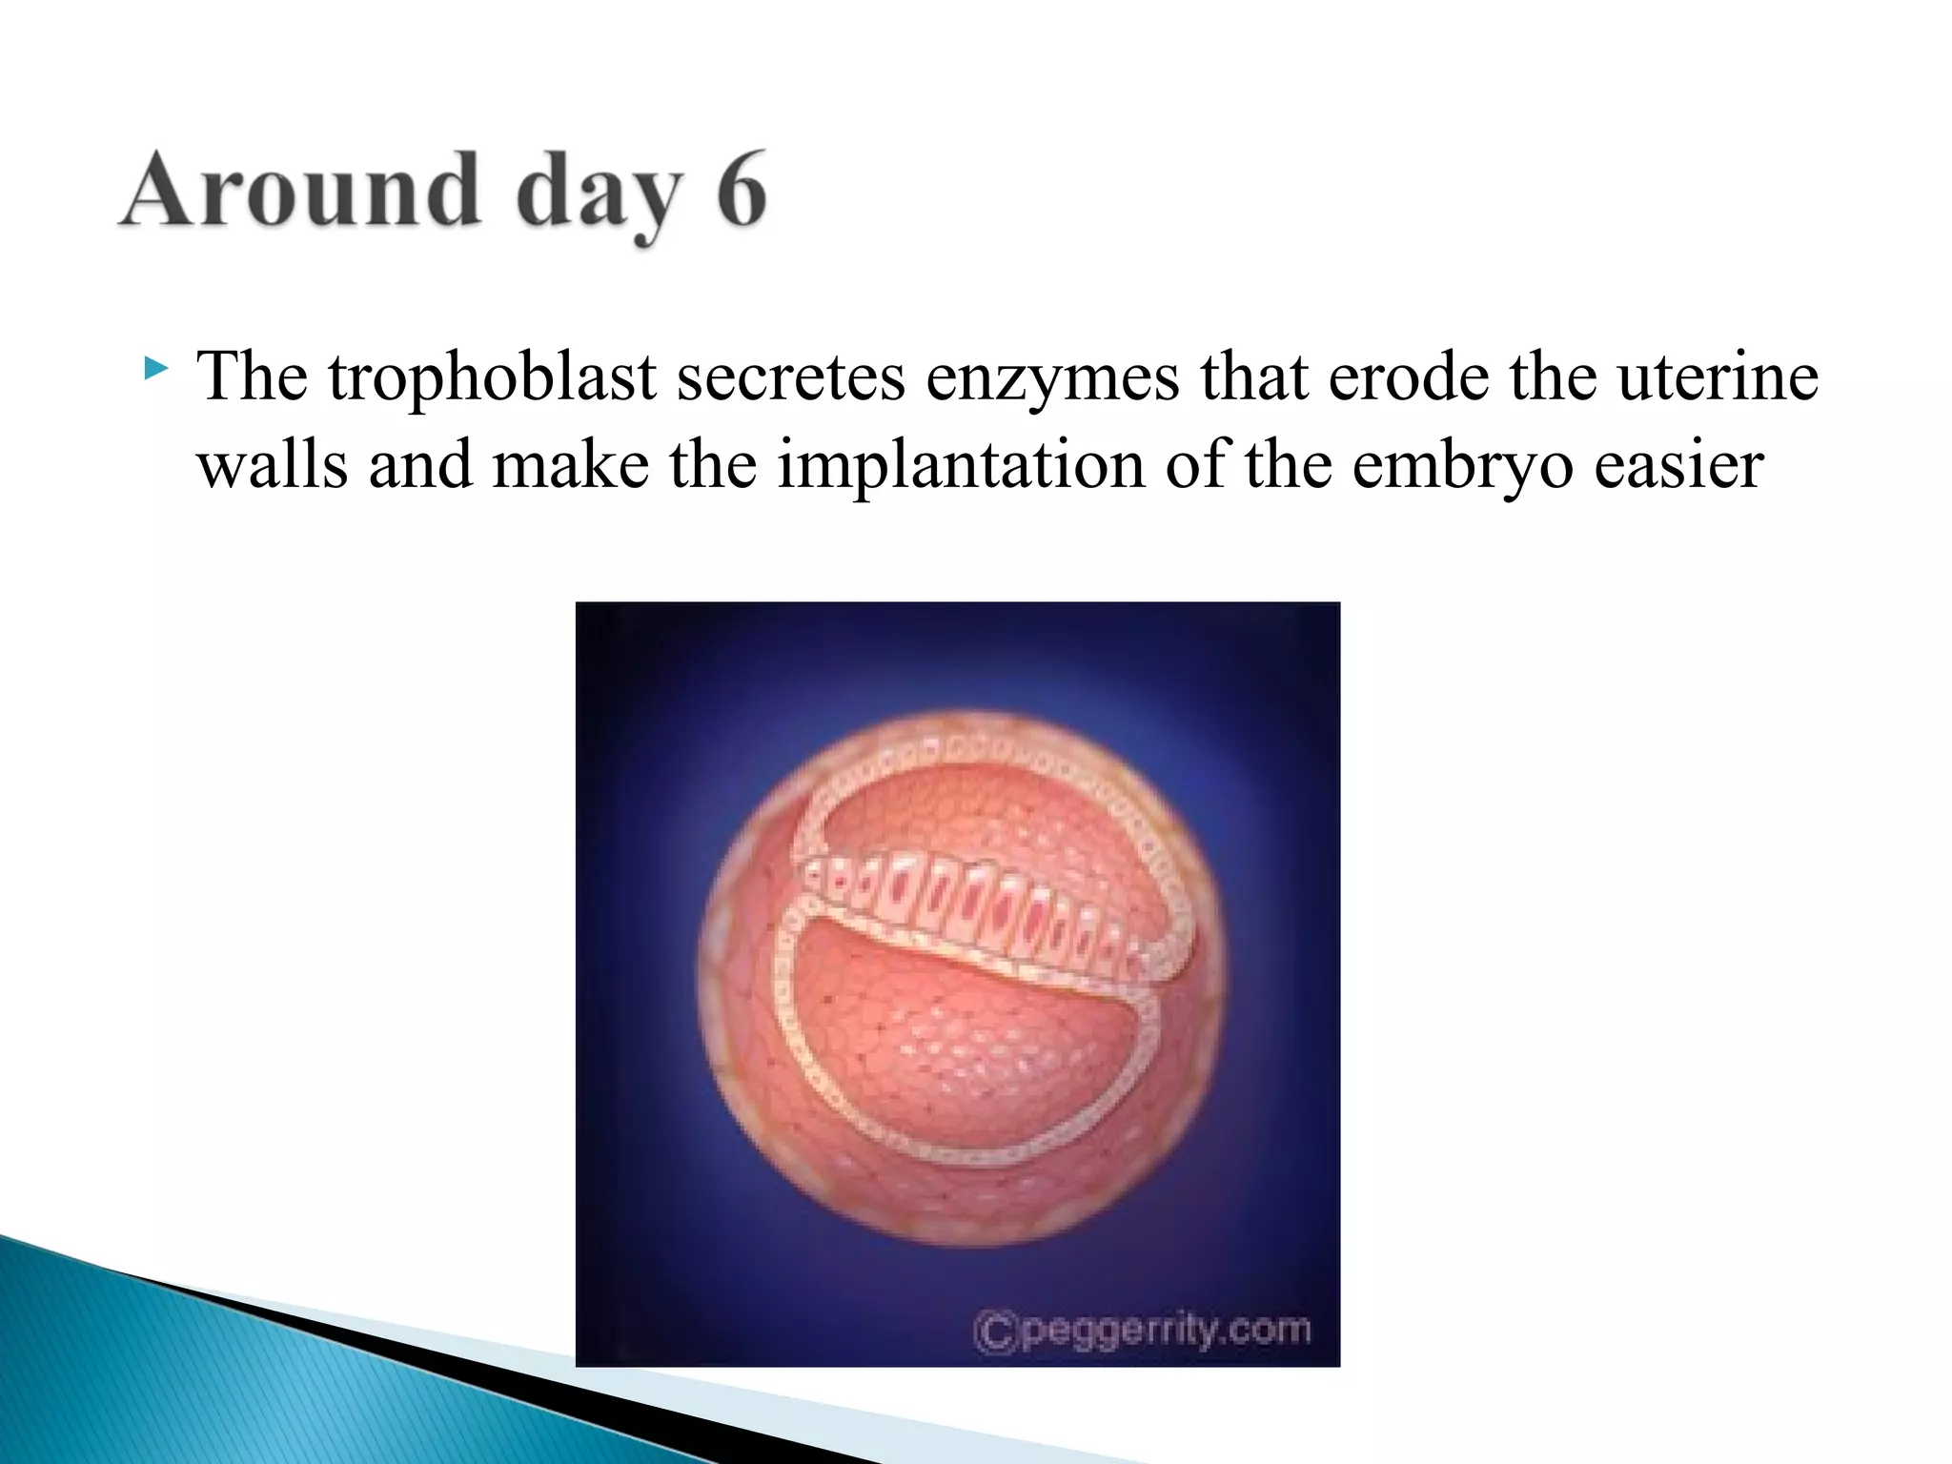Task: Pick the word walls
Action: point(273,466)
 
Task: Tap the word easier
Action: point(1678,466)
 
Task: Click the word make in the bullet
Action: point(570,466)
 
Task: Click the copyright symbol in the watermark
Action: point(995,1331)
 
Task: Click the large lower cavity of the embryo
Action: point(963,1048)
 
